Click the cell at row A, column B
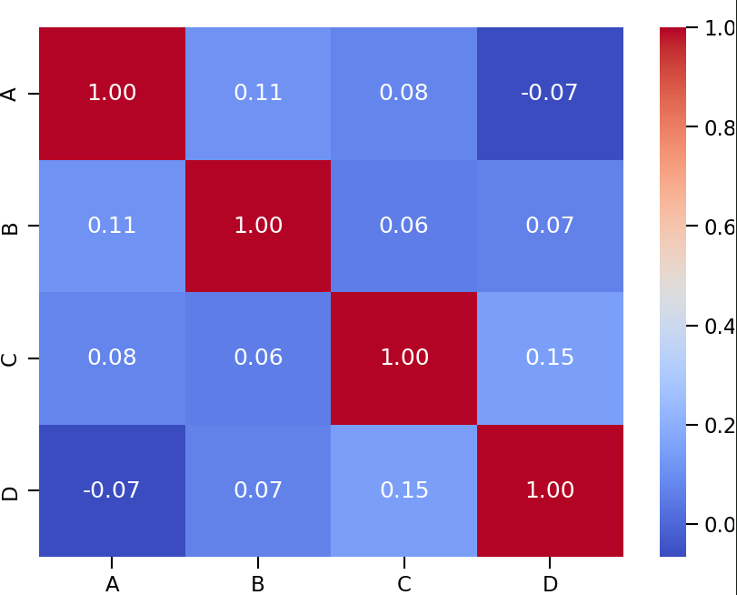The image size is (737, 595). [x=258, y=93]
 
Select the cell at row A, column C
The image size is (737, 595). [x=404, y=93]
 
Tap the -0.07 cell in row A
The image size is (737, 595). [x=550, y=93]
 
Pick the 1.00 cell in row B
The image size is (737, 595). [x=258, y=226]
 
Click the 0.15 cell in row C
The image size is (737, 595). [x=550, y=358]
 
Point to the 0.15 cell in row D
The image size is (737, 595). [x=404, y=490]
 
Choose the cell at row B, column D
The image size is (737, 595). [x=550, y=226]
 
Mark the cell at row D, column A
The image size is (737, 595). [x=112, y=490]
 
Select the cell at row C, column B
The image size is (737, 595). [x=258, y=358]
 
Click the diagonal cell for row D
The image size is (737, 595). [x=550, y=490]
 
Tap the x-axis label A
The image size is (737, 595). [x=112, y=584]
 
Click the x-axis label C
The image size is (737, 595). [x=404, y=584]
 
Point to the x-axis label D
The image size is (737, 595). [x=550, y=584]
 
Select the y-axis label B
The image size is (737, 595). [x=11, y=226]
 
